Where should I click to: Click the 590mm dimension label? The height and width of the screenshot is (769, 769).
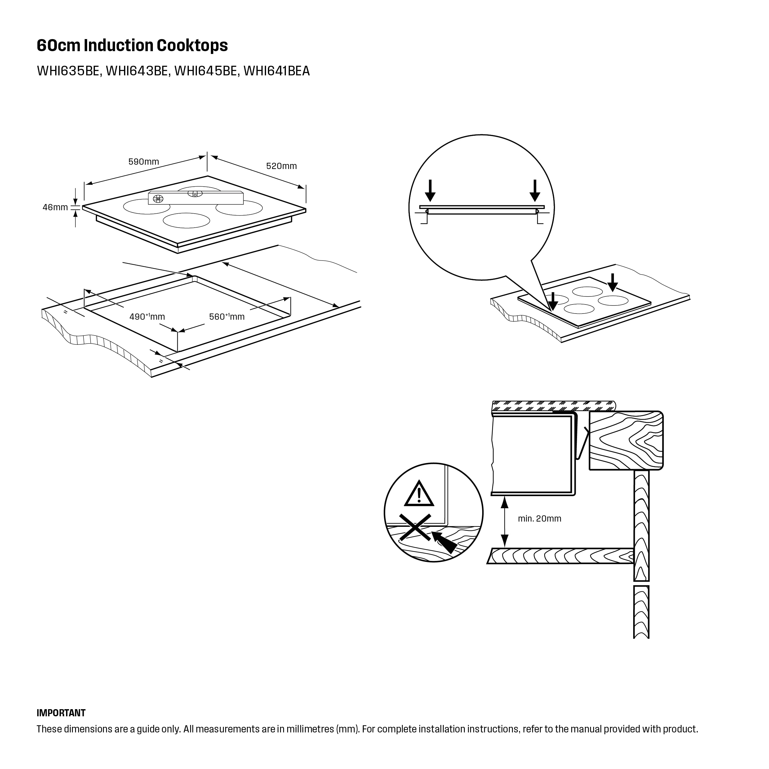point(143,162)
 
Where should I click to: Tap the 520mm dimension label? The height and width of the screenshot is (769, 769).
point(282,166)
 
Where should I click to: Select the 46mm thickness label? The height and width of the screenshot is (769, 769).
point(55,207)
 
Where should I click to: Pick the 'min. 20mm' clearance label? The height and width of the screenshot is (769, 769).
point(539,519)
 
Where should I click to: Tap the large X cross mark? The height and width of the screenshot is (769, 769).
point(416,527)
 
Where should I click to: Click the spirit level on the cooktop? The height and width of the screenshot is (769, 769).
point(195,198)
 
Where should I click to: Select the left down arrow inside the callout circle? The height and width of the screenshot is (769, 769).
point(430,191)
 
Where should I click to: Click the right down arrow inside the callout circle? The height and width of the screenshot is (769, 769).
point(535,191)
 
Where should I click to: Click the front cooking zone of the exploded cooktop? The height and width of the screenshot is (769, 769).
point(186,220)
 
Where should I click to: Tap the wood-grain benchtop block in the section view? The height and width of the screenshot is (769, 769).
point(625,441)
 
